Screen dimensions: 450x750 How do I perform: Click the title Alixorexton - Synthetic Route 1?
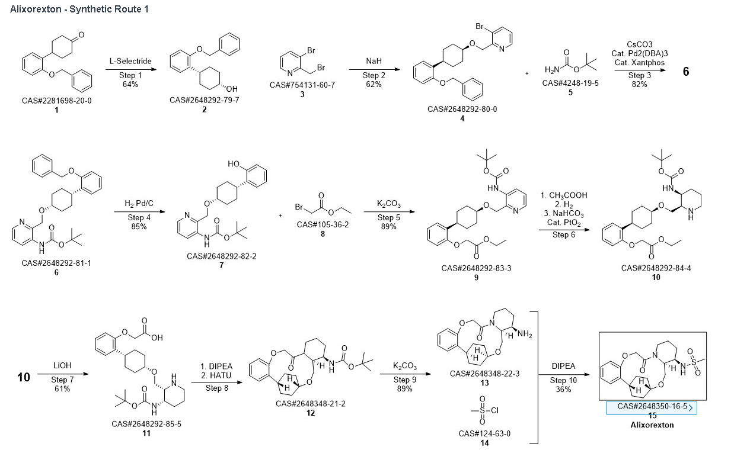click(x=79, y=9)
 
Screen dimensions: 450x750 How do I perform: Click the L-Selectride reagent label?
click(x=130, y=61)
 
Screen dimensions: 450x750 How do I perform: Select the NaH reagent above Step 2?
click(x=374, y=60)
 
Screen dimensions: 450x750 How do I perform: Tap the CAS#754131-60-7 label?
click(x=302, y=85)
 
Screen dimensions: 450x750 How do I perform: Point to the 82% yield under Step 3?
click(x=639, y=84)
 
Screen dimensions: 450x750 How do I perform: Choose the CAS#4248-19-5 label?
click(x=570, y=83)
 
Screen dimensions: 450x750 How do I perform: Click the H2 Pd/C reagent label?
click(x=139, y=204)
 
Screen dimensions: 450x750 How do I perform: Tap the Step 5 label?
click(x=388, y=217)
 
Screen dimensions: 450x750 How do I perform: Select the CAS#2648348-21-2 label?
click(x=310, y=403)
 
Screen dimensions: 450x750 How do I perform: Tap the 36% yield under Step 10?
click(x=563, y=389)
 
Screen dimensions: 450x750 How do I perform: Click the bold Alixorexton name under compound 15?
click(x=652, y=425)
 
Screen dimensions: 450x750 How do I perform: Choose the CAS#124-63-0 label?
click(x=484, y=433)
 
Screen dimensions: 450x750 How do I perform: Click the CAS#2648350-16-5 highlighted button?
click(x=652, y=407)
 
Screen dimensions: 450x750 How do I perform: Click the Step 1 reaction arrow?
click(x=130, y=70)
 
